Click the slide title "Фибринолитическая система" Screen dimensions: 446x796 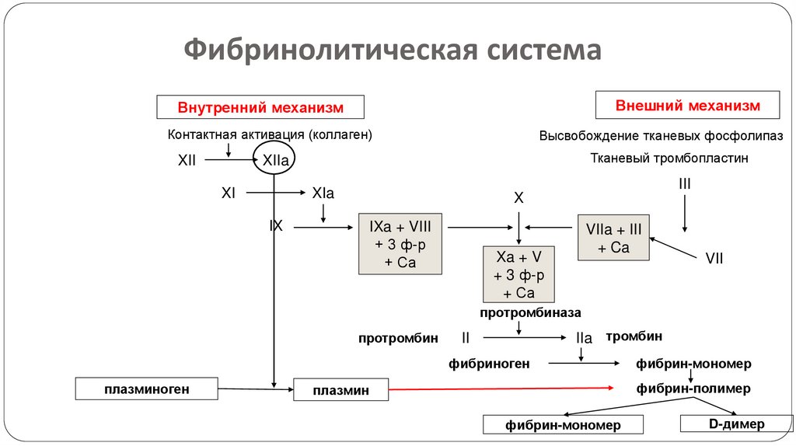point(393,51)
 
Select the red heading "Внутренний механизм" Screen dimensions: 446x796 point(260,106)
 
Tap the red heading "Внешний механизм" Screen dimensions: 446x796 point(687,105)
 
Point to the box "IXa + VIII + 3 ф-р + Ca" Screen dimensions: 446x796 point(400,244)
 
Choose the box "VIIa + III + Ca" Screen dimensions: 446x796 point(614,238)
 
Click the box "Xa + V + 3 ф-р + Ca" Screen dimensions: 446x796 point(519,275)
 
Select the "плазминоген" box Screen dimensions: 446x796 point(147,388)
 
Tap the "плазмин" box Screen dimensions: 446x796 point(340,390)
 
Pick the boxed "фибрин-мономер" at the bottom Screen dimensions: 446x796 point(564,425)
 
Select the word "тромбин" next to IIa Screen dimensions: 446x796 point(634,336)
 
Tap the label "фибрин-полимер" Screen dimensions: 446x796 point(693,388)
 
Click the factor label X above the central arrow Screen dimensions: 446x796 point(518,199)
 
